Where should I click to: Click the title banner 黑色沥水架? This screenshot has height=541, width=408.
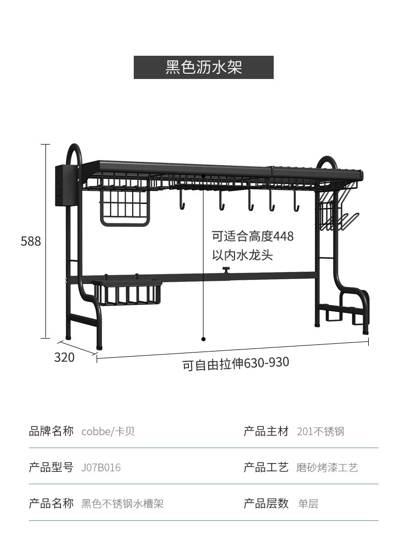(203, 68)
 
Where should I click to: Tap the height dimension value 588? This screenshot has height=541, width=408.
(31, 241)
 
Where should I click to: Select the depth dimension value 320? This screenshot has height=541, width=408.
(65, 357)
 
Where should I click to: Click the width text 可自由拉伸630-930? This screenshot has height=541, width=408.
(236, 364)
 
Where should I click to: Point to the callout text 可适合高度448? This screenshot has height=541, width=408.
(253, 236)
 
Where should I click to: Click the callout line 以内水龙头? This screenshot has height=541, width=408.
(242, 255)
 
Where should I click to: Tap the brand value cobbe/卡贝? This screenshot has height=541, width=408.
(108, 432)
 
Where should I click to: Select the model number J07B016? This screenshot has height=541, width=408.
(101, 468)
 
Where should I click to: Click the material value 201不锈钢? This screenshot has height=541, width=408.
(320, 432)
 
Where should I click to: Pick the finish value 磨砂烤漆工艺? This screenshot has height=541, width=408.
(327, 468)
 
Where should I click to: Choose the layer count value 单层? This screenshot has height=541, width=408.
(308, 504)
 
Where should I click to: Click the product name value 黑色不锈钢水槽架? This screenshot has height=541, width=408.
(122, 504)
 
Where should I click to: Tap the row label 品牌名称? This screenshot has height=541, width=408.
(51, 432)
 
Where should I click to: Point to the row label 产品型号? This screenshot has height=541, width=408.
(51, 468)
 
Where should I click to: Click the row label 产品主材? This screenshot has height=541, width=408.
(266, 432)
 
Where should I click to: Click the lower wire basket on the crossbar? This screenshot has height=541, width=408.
(127, 293)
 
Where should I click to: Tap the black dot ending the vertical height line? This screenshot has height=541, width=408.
(203, 339)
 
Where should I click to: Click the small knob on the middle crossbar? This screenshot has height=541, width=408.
(226, 269)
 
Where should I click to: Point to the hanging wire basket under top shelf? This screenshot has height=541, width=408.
(125, 206)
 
